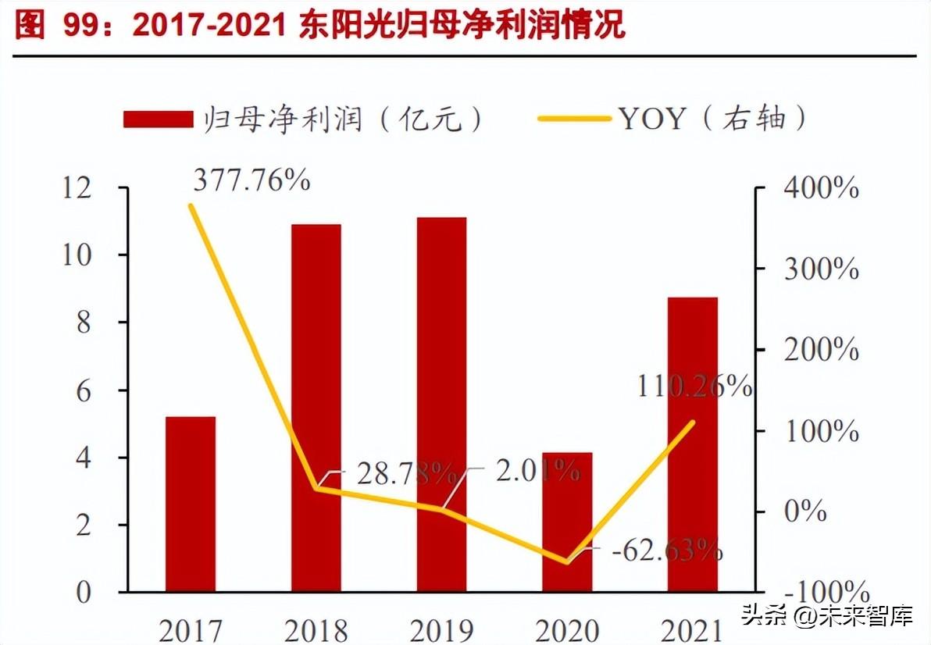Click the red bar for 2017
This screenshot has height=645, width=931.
tap(191, 504)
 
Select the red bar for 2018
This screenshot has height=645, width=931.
tap(316, 407)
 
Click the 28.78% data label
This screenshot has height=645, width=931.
tap(406, 472)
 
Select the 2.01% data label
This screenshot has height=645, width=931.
tap(538, 471)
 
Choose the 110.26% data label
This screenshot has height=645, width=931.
tap(694, 387)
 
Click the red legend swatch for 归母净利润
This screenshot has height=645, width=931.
tap(158, 119)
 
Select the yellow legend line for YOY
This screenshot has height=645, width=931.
tap(575, 119)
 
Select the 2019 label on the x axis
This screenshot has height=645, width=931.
tap(441, 629)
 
